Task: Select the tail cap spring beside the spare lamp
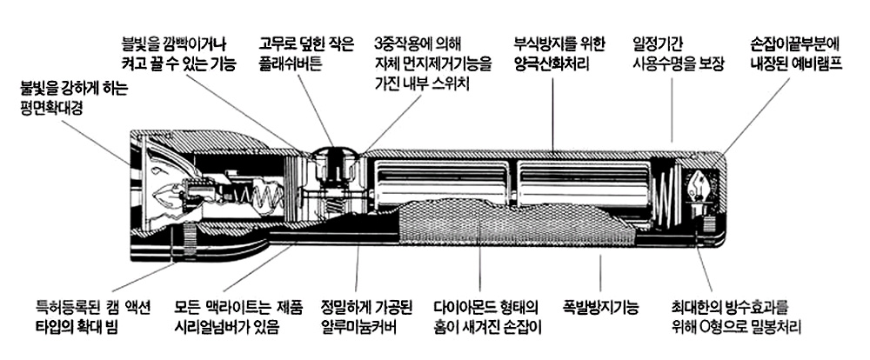667,196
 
